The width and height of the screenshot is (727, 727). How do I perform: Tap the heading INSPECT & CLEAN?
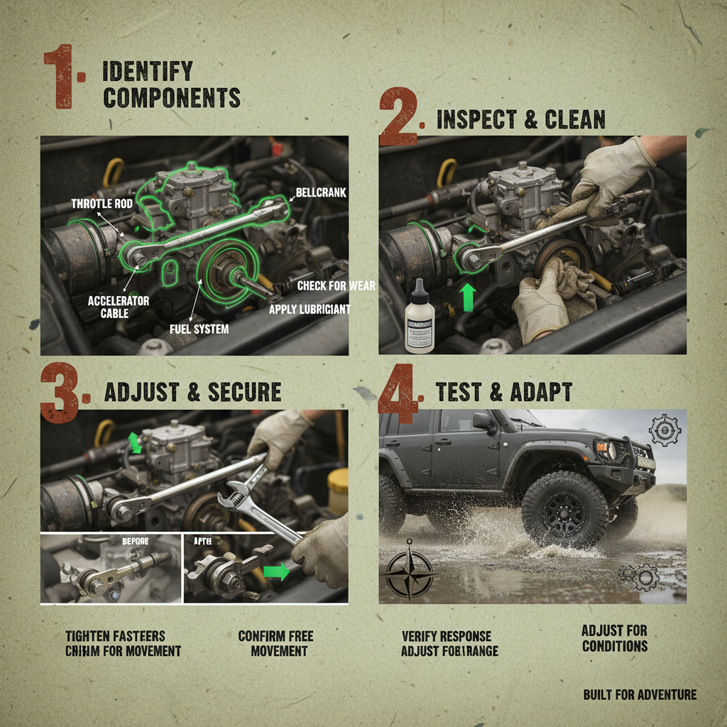pyautogui.click(x=520, y=119)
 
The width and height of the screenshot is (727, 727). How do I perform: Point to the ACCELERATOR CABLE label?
pyautogui.click(x=119, y=306)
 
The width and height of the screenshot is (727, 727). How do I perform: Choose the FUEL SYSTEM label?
pyautogui.click(x=199, y=329)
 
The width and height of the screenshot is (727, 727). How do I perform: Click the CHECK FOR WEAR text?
pyautogui.click(x=336, y=286)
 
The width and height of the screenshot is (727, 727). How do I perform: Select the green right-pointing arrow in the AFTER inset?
pyautogui.click(x=276, y=572)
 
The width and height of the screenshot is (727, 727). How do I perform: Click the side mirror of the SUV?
pyautogui.click(x=483, y=422)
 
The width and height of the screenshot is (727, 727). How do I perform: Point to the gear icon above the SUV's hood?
pyautogui.click(x=665, y=430)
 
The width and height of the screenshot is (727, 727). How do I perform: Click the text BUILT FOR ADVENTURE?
pyautogui.click(x=639, y=694)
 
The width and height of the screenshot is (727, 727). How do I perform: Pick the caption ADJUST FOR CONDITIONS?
pyautogui.click(x=614, y=638)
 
